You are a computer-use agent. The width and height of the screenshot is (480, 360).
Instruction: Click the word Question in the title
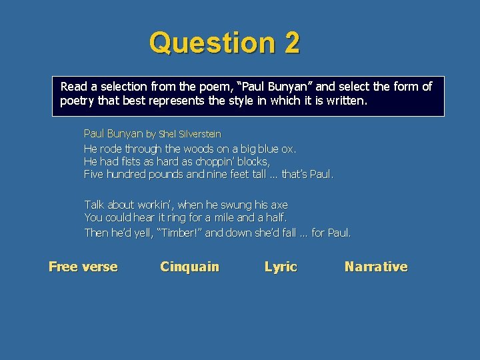(212, 43)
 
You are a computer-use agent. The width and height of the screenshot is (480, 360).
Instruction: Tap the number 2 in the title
(291, 43)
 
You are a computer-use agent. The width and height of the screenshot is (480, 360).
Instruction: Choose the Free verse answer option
(83, 267)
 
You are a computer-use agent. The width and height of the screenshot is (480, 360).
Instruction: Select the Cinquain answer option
(189, 267)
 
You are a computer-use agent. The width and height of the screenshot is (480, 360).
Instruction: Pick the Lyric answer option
(281, 267)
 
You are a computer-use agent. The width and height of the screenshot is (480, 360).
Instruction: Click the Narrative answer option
(376, 267)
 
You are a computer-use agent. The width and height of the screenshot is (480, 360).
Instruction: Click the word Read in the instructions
(73, 87)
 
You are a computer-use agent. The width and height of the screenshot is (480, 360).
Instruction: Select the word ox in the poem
(288, 149)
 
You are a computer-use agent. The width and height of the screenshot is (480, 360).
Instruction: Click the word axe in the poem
(279, 205)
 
